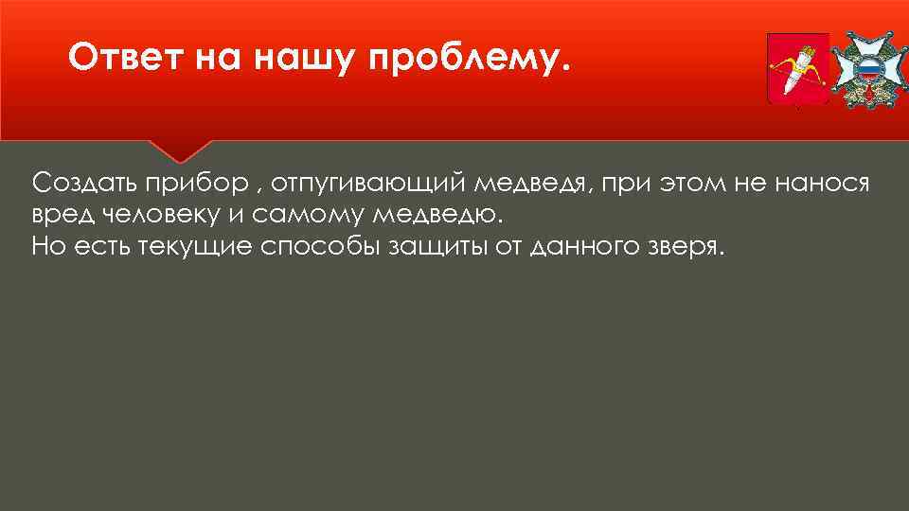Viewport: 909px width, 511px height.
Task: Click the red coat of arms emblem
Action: tap(796, 70)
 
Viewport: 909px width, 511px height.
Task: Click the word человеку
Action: tap(161, 215)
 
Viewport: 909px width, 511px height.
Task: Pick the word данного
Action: tap(592, 247)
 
